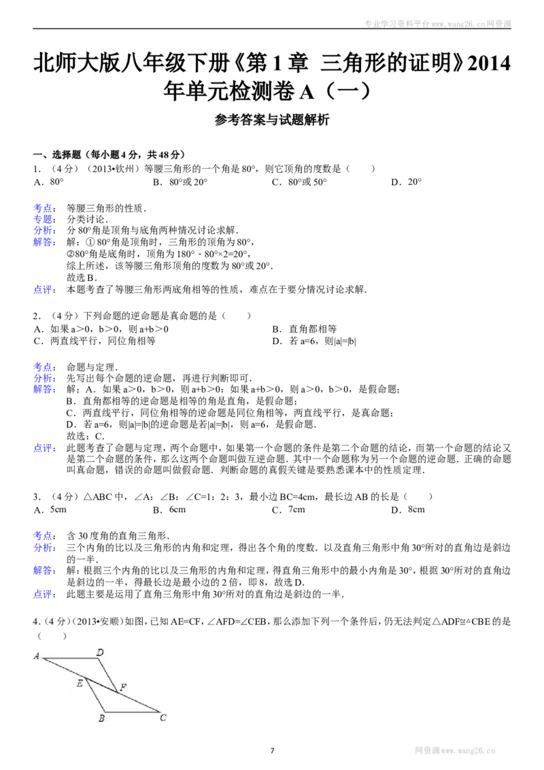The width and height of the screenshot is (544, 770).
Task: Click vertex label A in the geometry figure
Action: [x=36, y=656]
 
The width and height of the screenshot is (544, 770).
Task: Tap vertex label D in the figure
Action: [x=100, y=652]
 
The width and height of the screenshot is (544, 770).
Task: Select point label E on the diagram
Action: [x=80, y=683]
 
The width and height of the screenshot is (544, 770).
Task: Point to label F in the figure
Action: [x=123, y=687]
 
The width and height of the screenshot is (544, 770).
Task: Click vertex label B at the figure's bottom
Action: [x=101, y=718]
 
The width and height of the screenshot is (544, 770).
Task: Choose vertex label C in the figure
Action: [x=163, y=718]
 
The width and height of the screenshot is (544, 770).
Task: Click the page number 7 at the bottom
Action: [x=272, y=750]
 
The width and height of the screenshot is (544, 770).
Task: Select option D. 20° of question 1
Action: [x=407, y=182]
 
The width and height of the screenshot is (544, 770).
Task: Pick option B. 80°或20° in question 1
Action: [x=180, y=182]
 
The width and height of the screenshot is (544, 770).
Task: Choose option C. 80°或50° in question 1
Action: [x=299, y=182]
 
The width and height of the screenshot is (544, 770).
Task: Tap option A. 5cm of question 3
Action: [x=50, y=509]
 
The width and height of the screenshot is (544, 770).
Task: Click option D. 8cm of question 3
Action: [x=408, y=509]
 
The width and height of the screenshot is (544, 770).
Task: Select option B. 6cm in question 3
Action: [x=169, y=509]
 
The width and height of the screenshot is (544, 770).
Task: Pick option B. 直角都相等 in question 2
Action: [x=305, y=329]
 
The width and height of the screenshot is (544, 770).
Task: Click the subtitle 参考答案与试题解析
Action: [x=272, y=119]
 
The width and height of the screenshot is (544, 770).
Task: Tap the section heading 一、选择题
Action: [x=57, y=154]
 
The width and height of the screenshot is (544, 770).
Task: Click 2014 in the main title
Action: [x=489, y=63]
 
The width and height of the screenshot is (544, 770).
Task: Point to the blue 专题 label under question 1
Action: [x=44, y=219]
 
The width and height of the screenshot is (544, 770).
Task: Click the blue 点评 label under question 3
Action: [x=44, y=595]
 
